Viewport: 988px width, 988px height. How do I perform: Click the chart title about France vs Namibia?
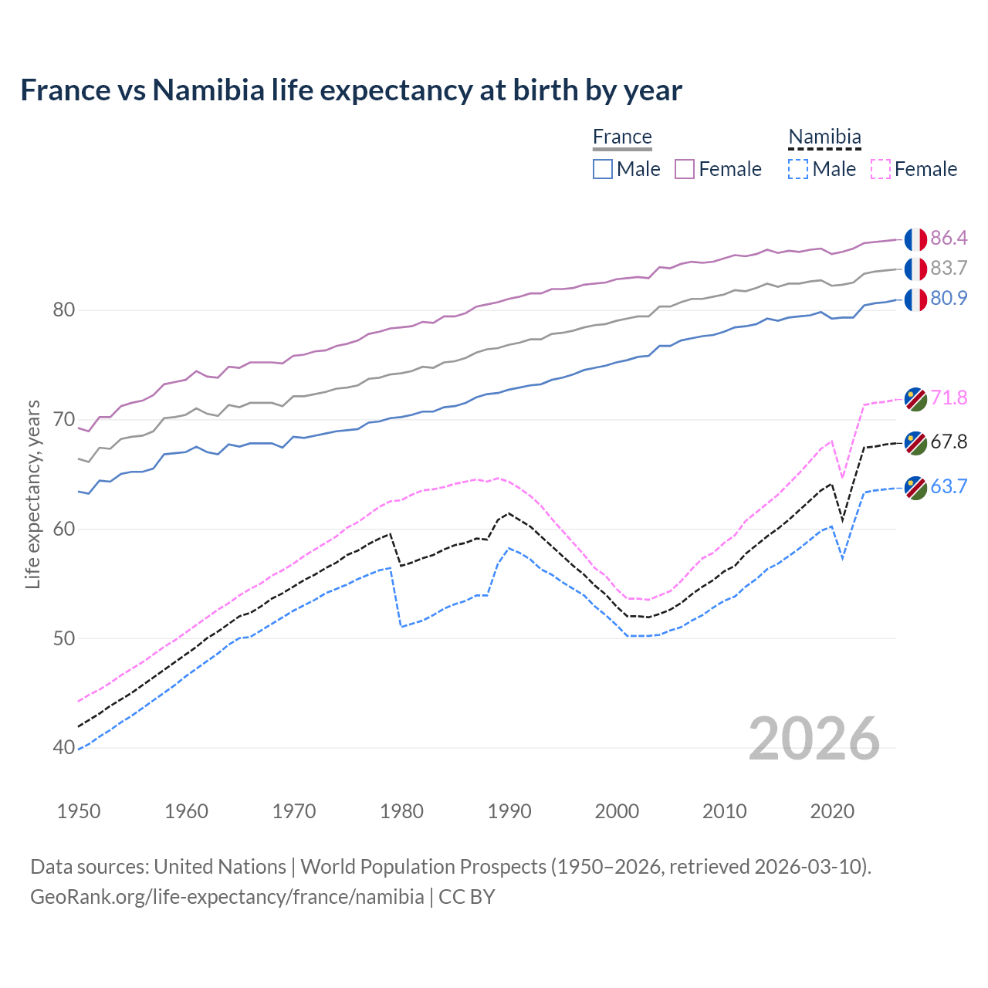point(351,90)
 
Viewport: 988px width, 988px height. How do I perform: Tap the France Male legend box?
point(603,169)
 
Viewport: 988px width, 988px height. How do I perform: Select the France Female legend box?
point(685,169)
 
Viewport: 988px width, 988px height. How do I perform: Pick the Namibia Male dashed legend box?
point(798,169)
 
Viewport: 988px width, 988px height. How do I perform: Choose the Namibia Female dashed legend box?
point(880,169)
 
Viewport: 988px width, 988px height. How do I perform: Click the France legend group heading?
point(622,137)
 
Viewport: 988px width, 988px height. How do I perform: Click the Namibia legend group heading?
point(824,137)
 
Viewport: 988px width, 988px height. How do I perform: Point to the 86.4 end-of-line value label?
point(949,238)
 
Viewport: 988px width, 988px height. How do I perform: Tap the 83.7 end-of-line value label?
point(949,268)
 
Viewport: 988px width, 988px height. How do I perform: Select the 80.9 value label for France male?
point(949,298)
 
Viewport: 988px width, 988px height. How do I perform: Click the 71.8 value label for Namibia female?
point(949,398)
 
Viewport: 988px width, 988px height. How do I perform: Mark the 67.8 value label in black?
point(949,442)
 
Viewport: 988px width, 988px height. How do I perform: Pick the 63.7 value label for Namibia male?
point(949,486)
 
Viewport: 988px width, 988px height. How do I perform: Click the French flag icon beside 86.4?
point(915,239)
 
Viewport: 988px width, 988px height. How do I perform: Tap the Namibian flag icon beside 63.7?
point(915,488)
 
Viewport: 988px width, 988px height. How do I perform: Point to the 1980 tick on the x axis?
point(401,811)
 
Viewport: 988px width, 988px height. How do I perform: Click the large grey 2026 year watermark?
point(814,739)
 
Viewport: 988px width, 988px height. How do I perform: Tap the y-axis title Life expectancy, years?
point(33,494)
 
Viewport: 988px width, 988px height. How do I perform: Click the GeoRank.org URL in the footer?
point(227,897)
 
